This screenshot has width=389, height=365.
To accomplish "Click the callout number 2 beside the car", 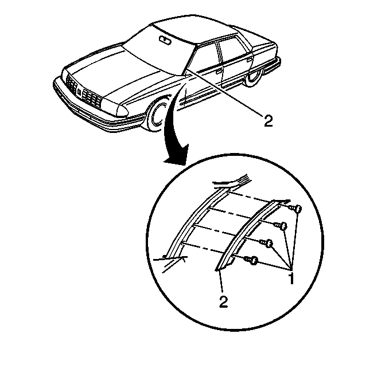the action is coord(268,121).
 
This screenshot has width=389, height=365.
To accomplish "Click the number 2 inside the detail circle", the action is coord(223,301).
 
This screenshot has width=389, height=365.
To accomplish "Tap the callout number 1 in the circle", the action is coord(291,278).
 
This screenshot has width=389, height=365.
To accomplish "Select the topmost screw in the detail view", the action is coord(296,209).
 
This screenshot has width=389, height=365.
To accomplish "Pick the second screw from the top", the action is coord(281,226).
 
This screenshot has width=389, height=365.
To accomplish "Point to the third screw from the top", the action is coord(267,243).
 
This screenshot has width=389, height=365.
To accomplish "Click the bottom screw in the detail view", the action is coord(251,260).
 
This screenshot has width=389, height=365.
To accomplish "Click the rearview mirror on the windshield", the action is coord(165,40).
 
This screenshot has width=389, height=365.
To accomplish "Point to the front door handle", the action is coord(219,71).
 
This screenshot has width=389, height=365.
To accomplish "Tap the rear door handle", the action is coord(250,59).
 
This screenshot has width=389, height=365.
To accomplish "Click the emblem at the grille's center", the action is coord(79,92).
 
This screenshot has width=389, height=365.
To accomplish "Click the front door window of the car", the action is coord(204,58).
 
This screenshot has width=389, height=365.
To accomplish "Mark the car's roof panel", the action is coord(193,29).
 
